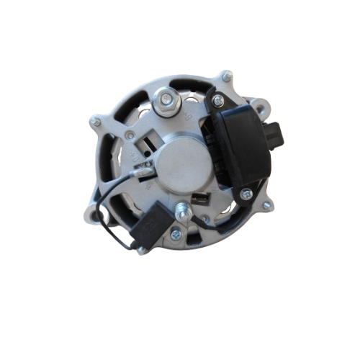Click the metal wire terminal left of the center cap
[145, 171]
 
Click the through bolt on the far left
[95, 123]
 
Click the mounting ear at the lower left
[92, 213]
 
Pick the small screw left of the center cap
[130, 135]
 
